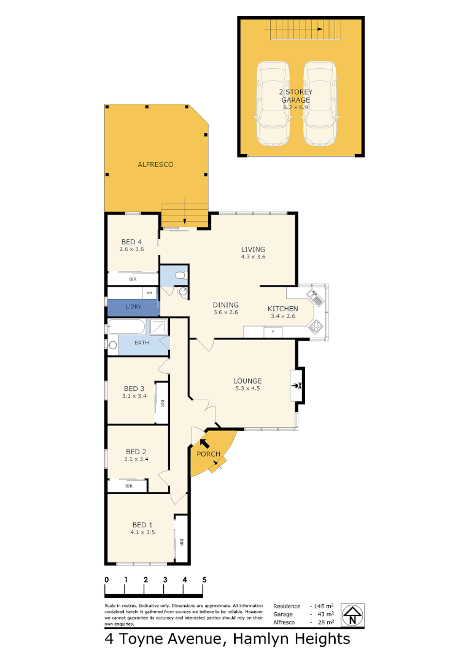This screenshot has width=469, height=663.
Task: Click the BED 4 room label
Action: pyautogui.click(x=132, y=241)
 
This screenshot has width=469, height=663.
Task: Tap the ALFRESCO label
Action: pyautogui.click(x=155, y=165)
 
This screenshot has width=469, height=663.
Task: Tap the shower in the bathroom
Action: pyautogui.click(x=159, y=327)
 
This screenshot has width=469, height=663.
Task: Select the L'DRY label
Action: pyautogui.click(x=132, y=306)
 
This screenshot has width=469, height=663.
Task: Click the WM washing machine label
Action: pyautogui.click(x=149, y=293)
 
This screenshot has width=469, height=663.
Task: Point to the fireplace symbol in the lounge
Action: pyautogui.click(x=298, y=386)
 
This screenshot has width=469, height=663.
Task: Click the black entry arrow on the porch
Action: pyautogui.click(x=204, y=441)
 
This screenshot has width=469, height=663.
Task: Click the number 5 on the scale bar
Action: pyautogui.click(x=204, y=580)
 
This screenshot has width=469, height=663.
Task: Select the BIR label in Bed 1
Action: pyautogui.click(x=181, y=542)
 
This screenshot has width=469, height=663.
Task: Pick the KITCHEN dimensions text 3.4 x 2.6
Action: pyautogui.click(x=283, y=317)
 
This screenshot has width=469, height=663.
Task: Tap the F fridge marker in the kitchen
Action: pyautogui.click(x=273, y=332)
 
